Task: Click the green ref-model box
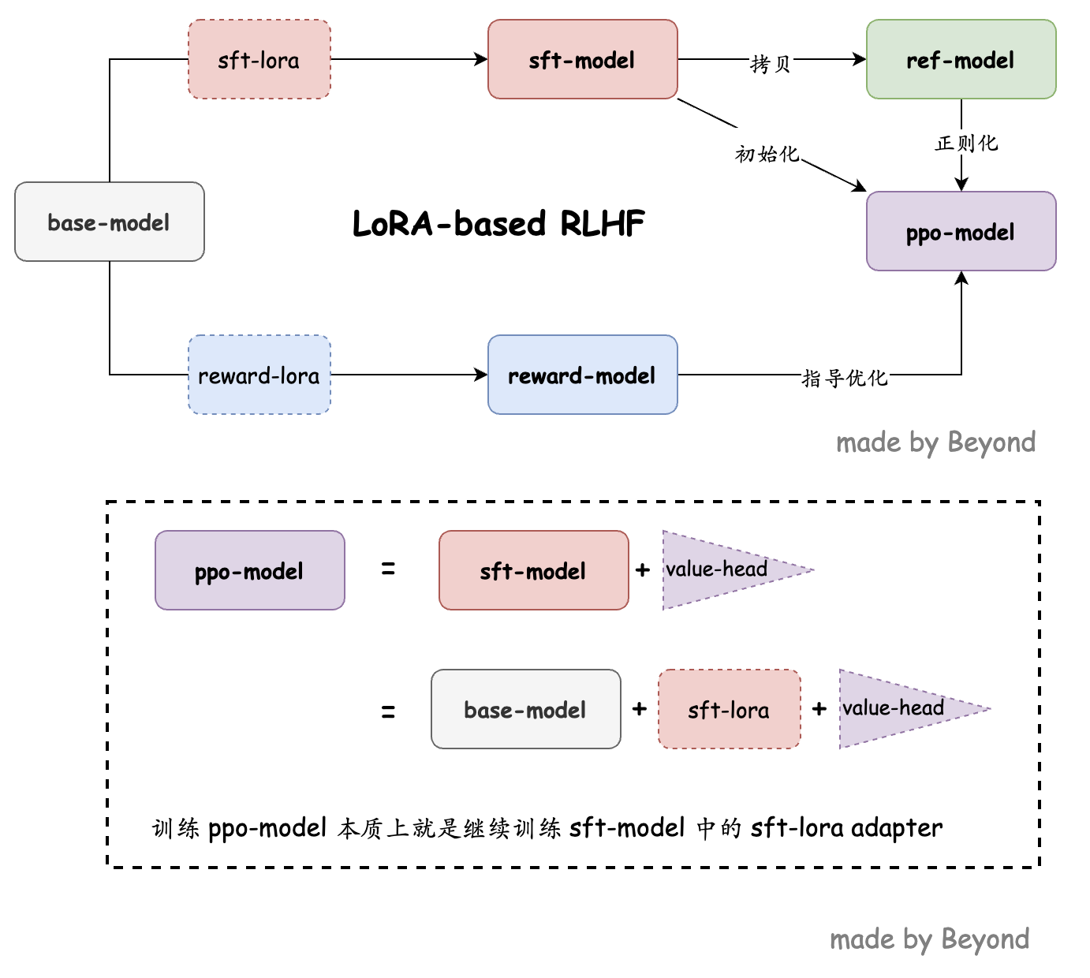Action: click(961, 60)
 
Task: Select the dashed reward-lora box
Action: click(259, 375)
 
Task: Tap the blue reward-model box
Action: click(582, 375)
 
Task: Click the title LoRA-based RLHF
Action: click(498, 224)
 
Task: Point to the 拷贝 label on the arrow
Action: click(771, 64)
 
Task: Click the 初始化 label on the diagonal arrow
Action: click(767, 154)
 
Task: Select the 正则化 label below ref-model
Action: click(966, 144)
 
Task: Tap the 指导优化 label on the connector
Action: click(845, 379)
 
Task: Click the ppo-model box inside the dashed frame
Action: click(249, 571)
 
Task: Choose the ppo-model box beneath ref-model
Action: click(961, 232)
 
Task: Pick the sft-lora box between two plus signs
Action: click(729, 710)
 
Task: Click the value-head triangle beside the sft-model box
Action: click(718, 569)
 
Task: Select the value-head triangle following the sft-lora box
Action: click(894, 708)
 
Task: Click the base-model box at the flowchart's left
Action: click(109, 222)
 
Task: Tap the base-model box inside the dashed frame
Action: click(525, 710)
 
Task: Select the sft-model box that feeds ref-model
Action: click(582, 60)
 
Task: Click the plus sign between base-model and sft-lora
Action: click(640, 709)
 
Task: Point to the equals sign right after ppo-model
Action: click(388, 569)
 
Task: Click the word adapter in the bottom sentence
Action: click(897, 828)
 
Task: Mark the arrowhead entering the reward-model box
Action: click(482, 375)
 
